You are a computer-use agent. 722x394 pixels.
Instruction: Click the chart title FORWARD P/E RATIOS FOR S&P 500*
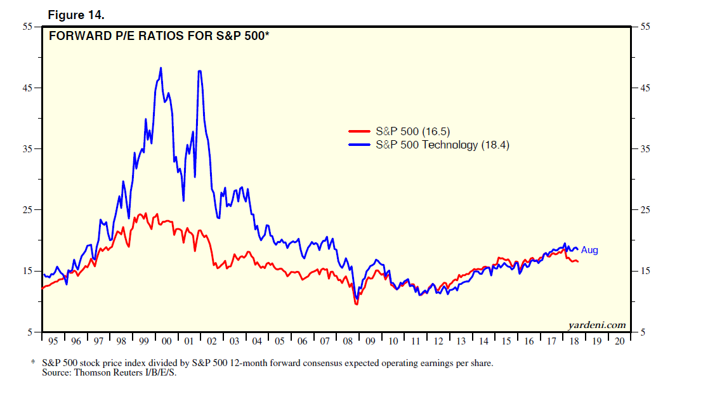click(x=159, y=36)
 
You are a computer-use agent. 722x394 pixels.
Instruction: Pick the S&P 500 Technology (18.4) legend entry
click(x=442, y=145)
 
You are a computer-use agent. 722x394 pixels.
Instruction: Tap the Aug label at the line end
click(x=589, y=250)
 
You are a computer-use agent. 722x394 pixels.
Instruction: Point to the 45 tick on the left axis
click(x=29, y=88)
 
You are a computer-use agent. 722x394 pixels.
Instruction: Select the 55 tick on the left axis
click(x=29, y=27)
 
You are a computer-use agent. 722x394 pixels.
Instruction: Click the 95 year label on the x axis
click(x=53, y=341)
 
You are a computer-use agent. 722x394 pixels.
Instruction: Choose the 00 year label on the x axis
click(x=167, y=341)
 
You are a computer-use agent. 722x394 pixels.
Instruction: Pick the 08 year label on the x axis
click(x=348, y=341)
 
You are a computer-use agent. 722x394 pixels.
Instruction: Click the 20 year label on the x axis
click(x=619, y=341)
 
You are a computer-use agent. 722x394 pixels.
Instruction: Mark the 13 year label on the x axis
click(x=461, y=341)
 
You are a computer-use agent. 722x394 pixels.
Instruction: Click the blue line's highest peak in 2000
click(x=161, y=68)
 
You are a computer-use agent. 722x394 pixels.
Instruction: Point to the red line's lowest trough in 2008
click(x=357, y=305)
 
